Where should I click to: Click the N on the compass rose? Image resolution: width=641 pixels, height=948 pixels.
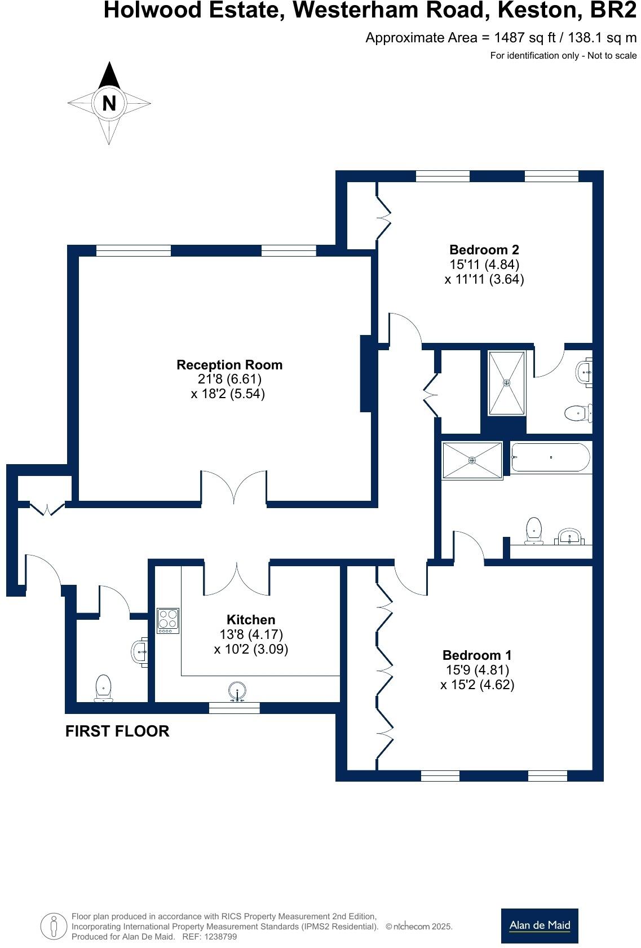(x=109, y=103)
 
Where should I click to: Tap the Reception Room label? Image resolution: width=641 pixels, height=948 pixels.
(x=229, y=365)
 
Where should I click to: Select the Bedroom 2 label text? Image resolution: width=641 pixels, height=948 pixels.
(x=484, y=249)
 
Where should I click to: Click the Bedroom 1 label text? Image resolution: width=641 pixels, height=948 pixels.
(x=477, y=655)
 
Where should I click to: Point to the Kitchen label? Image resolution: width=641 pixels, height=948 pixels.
(x=251, y=620)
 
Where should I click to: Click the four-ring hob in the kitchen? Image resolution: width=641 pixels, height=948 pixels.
(x=168, y=620)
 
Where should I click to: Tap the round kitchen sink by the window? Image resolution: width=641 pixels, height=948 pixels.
(x=237, y=691)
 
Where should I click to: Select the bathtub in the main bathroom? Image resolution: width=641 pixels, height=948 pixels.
(x=550, y=457)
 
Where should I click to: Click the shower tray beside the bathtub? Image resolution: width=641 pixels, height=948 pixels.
(x=472, y=461)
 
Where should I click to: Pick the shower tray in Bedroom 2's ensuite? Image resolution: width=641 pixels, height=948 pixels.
(x=506, y=383)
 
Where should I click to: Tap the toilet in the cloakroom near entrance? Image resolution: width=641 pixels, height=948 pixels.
(x=103, y=688)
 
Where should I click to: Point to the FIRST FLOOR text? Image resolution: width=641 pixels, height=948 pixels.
(x=117, y=731)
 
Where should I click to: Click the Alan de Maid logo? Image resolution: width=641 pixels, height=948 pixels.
(x=540, y=925)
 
